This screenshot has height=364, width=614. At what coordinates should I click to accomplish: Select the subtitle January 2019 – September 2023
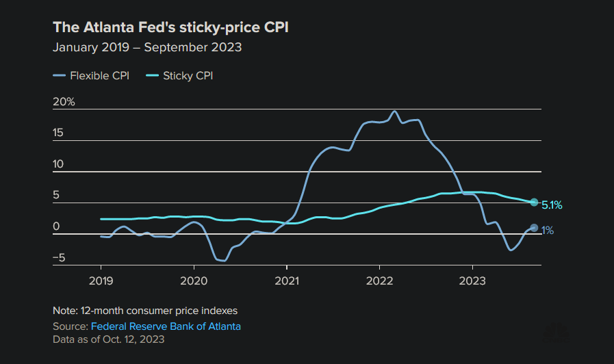(147, 48)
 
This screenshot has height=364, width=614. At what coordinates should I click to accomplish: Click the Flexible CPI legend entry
(92, 75)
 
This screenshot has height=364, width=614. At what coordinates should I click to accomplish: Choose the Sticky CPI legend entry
(181, 75)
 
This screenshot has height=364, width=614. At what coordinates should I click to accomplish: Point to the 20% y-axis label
(64, 102)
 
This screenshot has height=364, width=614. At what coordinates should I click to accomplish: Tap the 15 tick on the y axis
(59, 133)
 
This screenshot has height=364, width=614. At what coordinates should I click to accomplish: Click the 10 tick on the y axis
(59, 164)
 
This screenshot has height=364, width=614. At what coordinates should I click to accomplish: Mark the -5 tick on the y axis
(59, 258)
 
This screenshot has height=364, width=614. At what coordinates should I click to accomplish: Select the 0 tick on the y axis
(56, 226)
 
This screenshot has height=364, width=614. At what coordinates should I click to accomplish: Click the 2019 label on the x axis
(101, 281)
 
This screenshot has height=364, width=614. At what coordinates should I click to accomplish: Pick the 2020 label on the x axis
(194, 281)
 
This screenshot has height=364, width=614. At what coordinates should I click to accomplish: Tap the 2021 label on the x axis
(286, 281)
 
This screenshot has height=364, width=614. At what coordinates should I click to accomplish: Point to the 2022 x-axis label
(379, 281)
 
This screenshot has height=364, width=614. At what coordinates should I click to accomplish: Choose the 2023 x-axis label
(472, 281)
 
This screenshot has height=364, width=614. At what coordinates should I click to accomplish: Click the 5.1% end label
(552, 204)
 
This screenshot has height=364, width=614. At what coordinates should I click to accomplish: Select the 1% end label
(548, 231)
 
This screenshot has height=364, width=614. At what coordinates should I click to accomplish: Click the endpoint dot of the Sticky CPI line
(534, 202)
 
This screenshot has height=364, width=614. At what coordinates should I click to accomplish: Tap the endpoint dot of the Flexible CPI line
(534, 228)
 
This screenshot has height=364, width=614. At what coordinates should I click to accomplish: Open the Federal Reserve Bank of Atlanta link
(166, 326)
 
